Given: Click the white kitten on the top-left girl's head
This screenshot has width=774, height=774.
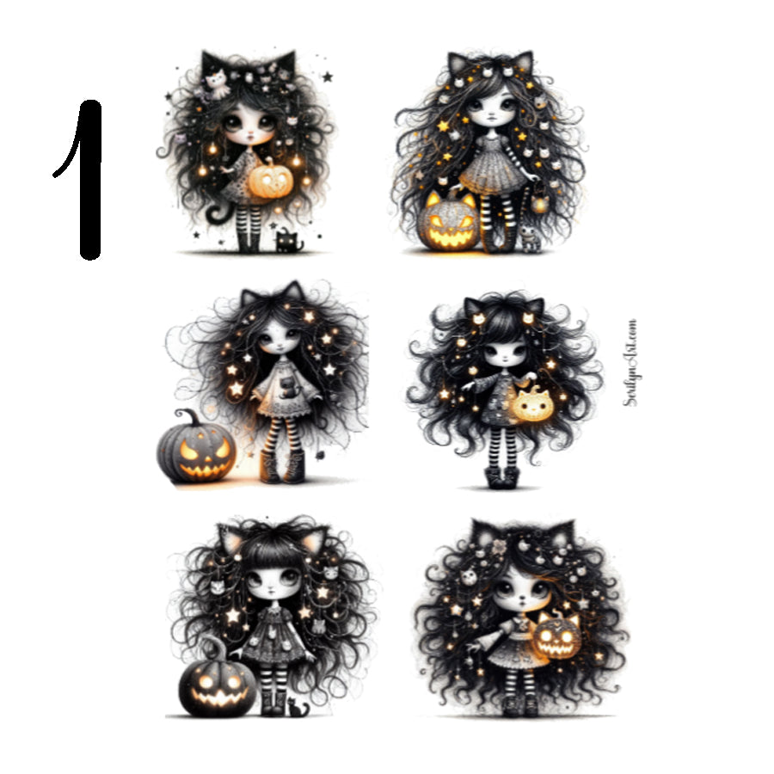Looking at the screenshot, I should [214, 79].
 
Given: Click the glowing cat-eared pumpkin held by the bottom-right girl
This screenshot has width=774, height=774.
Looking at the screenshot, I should [557, 636].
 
